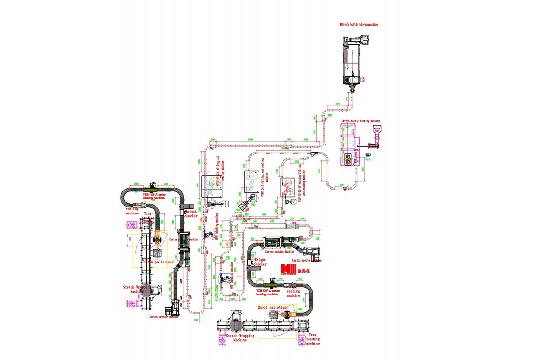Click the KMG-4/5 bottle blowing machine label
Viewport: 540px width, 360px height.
(359, 24)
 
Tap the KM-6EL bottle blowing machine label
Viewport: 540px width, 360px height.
(360, 121)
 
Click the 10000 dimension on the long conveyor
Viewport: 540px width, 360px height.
(250, 139)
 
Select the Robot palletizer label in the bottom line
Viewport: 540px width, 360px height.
(273, 308)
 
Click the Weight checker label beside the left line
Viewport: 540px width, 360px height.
(191, 214)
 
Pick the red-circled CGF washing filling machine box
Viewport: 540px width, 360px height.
(289, 187)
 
